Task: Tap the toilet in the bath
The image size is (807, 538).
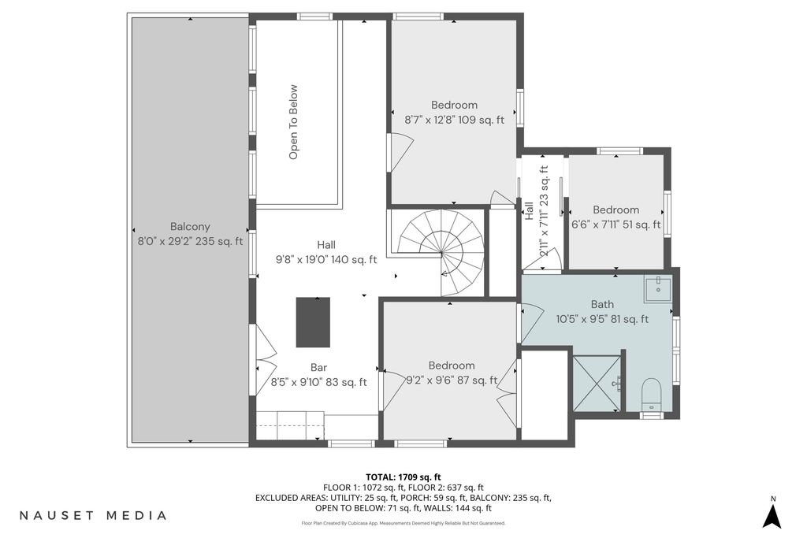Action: [652, 395]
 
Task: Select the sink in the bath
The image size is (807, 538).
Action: [658, 290]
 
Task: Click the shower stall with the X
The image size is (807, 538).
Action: [597, 383]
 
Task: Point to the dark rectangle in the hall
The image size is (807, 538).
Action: [313, 322]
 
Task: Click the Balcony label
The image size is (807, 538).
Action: [190, 226]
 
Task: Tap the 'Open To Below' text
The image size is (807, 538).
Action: [293, 122]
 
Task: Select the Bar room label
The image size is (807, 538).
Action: [318, 367]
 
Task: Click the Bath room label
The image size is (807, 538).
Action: [602, 304]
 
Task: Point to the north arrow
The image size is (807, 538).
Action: [772, 516]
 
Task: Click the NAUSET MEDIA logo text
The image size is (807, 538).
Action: [93, 515]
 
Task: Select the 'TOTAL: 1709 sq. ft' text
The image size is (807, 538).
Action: [403, 477]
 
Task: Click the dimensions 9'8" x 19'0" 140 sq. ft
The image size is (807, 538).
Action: [326, 260]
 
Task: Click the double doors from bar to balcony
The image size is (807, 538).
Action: [264, 359]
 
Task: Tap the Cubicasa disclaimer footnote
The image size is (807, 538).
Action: [403, 523]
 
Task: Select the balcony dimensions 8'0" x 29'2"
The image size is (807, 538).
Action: [165, 241]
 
